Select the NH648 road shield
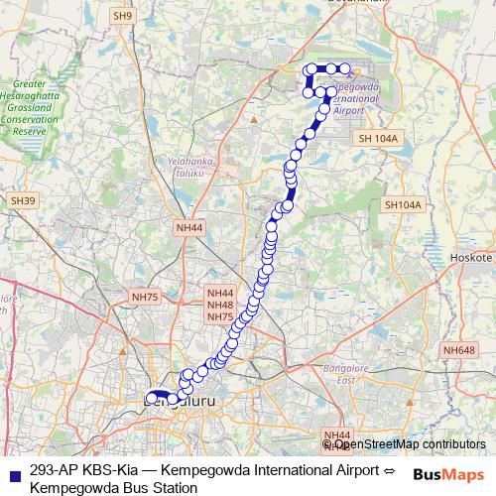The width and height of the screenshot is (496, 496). click(459, 349)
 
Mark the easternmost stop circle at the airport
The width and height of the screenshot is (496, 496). click(346, 68)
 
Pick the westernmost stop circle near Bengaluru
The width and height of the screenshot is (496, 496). click(151, 399)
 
